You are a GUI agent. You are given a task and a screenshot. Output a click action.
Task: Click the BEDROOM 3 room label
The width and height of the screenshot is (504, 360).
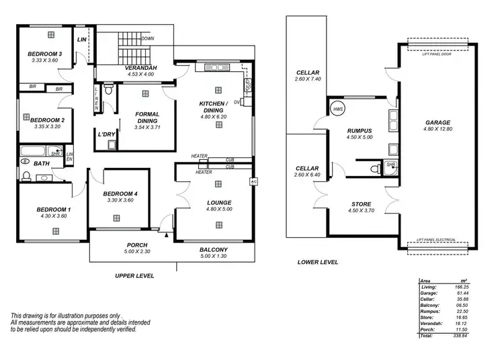45,54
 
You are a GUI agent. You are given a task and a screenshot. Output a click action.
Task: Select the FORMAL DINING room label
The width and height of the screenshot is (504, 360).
147,118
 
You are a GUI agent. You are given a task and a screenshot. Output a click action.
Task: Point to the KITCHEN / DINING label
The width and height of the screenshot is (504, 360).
214,106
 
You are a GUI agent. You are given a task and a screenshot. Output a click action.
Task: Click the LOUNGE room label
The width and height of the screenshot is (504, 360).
220,202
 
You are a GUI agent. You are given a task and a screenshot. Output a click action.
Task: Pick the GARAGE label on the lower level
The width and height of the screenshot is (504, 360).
437,123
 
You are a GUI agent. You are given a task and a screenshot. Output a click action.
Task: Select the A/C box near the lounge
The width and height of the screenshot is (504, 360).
253,181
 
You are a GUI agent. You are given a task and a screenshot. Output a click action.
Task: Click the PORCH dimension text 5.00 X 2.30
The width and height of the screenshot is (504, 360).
137,253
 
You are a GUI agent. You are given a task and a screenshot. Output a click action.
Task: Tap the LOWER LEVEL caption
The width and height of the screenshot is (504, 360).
318,262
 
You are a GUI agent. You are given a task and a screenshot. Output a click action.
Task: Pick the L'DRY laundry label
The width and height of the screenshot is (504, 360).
107,134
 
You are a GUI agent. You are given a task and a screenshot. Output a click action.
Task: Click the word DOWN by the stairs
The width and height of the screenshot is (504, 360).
148,39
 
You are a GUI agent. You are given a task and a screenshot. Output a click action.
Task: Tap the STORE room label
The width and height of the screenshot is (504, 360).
361,204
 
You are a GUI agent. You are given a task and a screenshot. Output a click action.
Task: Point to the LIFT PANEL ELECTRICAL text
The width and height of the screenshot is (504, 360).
439,240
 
